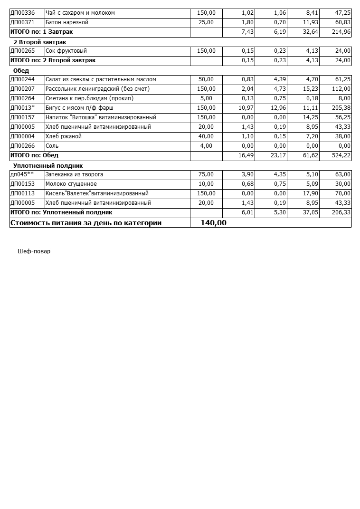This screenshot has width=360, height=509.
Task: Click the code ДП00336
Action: coord(23,13)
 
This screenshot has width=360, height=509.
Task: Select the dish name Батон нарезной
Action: coord(66,22)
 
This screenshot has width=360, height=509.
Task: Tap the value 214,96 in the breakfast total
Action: coord(341,32)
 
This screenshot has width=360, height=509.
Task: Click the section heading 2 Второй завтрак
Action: coord(39,42)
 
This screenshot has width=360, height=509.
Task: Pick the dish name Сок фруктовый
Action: coord(66,51)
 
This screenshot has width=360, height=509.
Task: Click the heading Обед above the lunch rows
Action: coord(21,71)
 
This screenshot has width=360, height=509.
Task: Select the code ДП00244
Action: coord(23,79)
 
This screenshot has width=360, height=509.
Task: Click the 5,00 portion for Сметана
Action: coord(207,98)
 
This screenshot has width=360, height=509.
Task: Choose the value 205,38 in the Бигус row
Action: coord(341,108)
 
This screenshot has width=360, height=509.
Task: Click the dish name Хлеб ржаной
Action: coord(64,136)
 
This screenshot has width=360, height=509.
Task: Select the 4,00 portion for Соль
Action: coord(207,146)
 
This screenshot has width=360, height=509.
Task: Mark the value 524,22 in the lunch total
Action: coord(341,155)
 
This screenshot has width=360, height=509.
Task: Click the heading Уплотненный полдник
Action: coord(48,166)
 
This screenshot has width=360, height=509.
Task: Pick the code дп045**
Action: coord(22,174)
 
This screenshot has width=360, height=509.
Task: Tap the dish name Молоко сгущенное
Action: coord(71,184)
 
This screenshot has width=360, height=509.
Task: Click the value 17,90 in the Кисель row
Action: coord(310,193)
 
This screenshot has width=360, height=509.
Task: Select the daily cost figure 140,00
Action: coord(213,223)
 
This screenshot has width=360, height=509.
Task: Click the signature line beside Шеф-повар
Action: coord(123,253)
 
